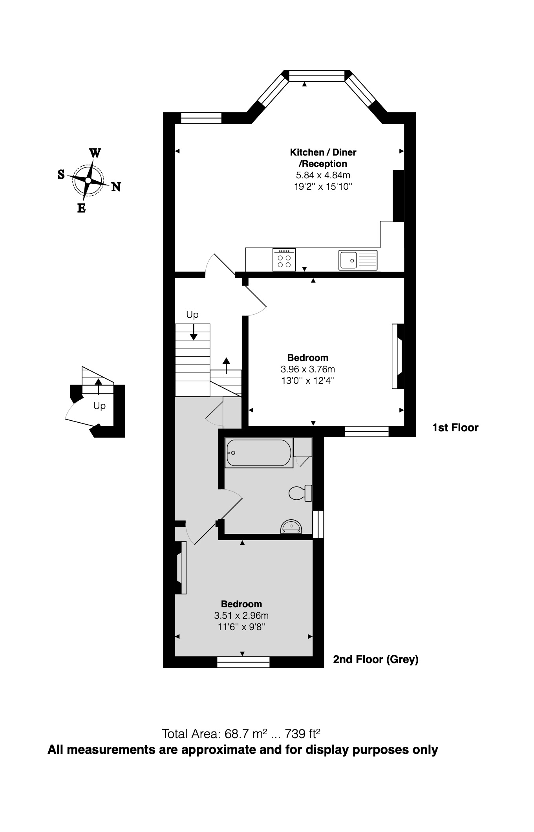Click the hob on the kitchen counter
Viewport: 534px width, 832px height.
[x=284, y=260]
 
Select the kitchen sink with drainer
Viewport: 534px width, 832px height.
[x=358, y=260]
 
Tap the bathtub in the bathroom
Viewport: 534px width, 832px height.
[x=259, y=453]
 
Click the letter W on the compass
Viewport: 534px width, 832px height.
[x=95, y=153]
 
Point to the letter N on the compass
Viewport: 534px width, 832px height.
[x=116, y=187]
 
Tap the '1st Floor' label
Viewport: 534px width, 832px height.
[x=455, y=427]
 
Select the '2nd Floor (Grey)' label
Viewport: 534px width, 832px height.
[x=375, y=659]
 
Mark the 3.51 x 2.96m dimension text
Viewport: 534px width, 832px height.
[x=241, y=615]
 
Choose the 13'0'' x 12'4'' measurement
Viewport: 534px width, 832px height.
[x=307, y=380]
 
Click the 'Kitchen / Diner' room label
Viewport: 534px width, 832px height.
[x=323, y=152]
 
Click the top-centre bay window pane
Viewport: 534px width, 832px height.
[x=316, y=75]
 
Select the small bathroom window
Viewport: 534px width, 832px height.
[x=318, y=524]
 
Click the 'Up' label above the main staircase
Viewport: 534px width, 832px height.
[x=192, y=314]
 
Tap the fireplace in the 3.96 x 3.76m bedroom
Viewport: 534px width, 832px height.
[x=398, y=356]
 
